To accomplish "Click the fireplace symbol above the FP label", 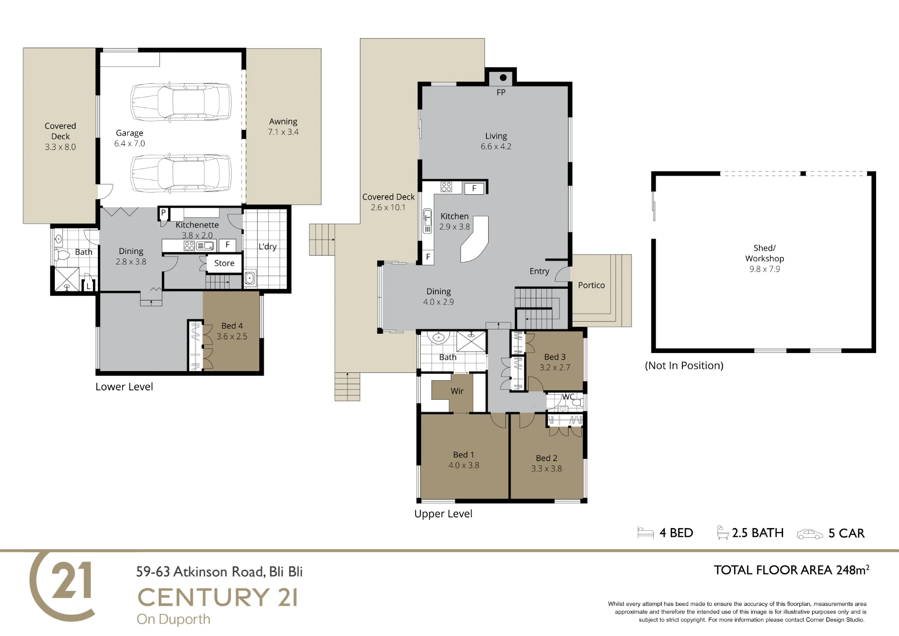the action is (503, 77).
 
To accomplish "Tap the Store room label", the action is (224, 263).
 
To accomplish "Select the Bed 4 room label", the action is (232, 326).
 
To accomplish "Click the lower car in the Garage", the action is (181, 173).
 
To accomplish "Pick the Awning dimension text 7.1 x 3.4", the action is (283, 132).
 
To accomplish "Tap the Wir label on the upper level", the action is (457, 391).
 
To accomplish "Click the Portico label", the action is (592, 285).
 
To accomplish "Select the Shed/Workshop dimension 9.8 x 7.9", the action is (765, 269).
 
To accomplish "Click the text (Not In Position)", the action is (684, 366).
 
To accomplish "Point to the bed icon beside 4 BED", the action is (645, 533).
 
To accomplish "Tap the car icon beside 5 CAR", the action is (810, 534).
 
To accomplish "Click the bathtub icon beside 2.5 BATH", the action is (723, 533).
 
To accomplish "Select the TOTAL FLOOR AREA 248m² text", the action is (792, 570).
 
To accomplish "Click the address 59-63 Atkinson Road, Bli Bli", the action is (219, 572).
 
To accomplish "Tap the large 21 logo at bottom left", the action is (63, 586).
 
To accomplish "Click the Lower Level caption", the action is (124, 387).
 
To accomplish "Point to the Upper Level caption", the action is (443, 514).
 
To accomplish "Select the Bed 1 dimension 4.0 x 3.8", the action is (464, 466).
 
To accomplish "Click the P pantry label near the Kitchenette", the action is (164, 213).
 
